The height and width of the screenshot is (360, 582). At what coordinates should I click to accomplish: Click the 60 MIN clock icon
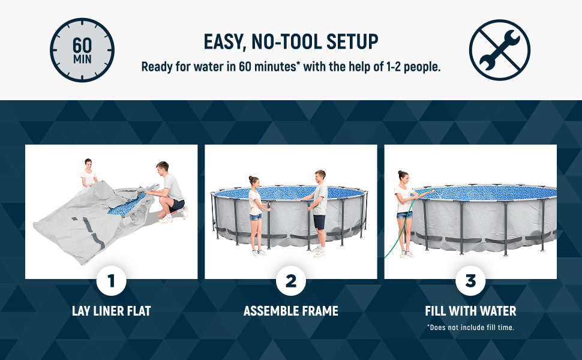click(x=82, y=50)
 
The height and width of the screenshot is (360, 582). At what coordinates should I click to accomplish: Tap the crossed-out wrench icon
click(x=499, y=50)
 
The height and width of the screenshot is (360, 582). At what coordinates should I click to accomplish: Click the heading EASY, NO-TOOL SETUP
click(x=291, y=42)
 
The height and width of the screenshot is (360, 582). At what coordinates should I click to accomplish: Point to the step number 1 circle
click(x=111, y=281)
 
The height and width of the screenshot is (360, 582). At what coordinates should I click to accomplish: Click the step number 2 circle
click(x=291, y=281)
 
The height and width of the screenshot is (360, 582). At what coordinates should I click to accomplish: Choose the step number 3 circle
click(x=470, y=281)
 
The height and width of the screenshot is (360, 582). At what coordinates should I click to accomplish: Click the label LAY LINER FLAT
click(x=111, y=311)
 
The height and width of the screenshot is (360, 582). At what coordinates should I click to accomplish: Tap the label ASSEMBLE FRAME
click(x=291, y=311)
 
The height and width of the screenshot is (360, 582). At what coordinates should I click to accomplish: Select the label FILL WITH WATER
click(x=470, y=311)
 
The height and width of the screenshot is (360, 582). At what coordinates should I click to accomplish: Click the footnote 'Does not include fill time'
click(x=470, y=328)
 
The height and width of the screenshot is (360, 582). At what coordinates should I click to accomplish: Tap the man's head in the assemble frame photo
click(x=320, y=176)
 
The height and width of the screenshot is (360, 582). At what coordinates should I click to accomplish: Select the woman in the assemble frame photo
click(x=256, y=213)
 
